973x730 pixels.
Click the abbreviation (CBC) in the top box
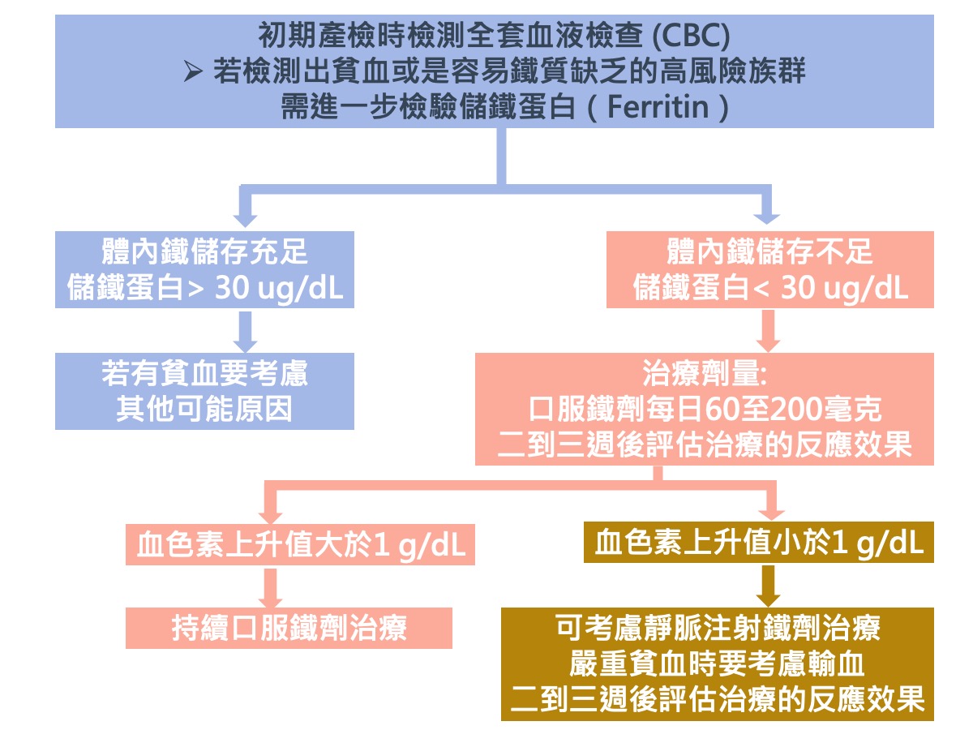(x=692, y=36)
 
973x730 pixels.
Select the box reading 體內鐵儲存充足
(x=205, y=269)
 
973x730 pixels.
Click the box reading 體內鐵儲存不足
(x=770, y=269)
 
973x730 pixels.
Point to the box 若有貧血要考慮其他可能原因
(x=205, y=391)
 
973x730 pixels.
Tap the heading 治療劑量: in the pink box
(x=704, y=376)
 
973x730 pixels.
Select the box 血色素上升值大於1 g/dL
(x=300, y=545)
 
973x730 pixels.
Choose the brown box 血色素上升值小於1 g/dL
(x=758, y=543)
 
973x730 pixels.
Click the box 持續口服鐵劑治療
(x=289, y=629)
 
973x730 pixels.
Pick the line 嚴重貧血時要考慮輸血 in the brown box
(x=717, y=664)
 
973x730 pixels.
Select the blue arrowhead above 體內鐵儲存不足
(x=765, y=215)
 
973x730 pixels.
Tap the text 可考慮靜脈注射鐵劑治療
(x=717, y=628)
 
